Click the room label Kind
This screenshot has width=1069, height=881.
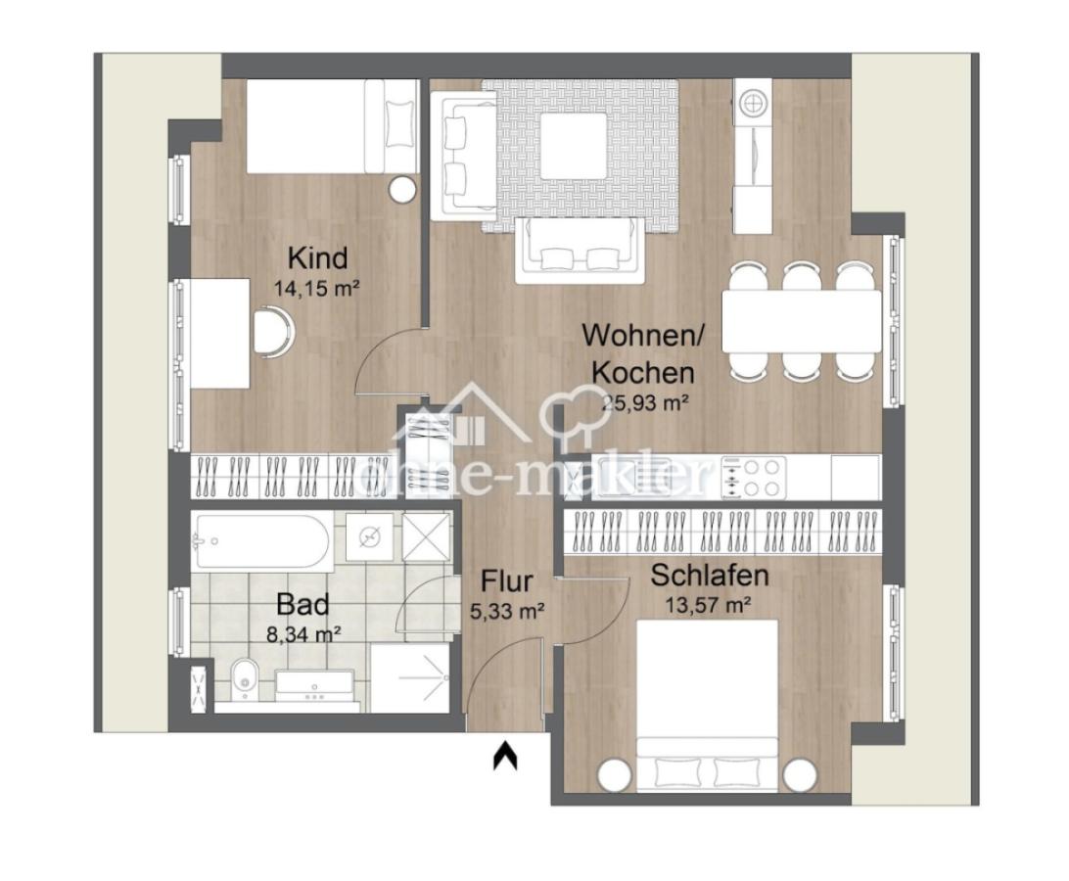point(317,258)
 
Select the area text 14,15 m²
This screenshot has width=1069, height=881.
point(317,289)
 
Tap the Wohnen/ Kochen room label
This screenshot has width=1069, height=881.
point(638,352)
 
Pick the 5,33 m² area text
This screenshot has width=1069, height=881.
point(506,612)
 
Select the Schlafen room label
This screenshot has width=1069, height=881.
point(710,576)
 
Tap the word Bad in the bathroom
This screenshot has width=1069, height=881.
point(302,603)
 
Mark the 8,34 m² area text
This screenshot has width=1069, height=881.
point(303,633)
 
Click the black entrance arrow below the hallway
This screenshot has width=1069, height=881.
point(505,755)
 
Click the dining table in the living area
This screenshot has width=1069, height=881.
point(801,320)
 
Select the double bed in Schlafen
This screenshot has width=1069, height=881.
point(707,700)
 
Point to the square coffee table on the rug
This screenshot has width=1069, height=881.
point(574,145)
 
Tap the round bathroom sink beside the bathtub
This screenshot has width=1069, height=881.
point(370,536)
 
